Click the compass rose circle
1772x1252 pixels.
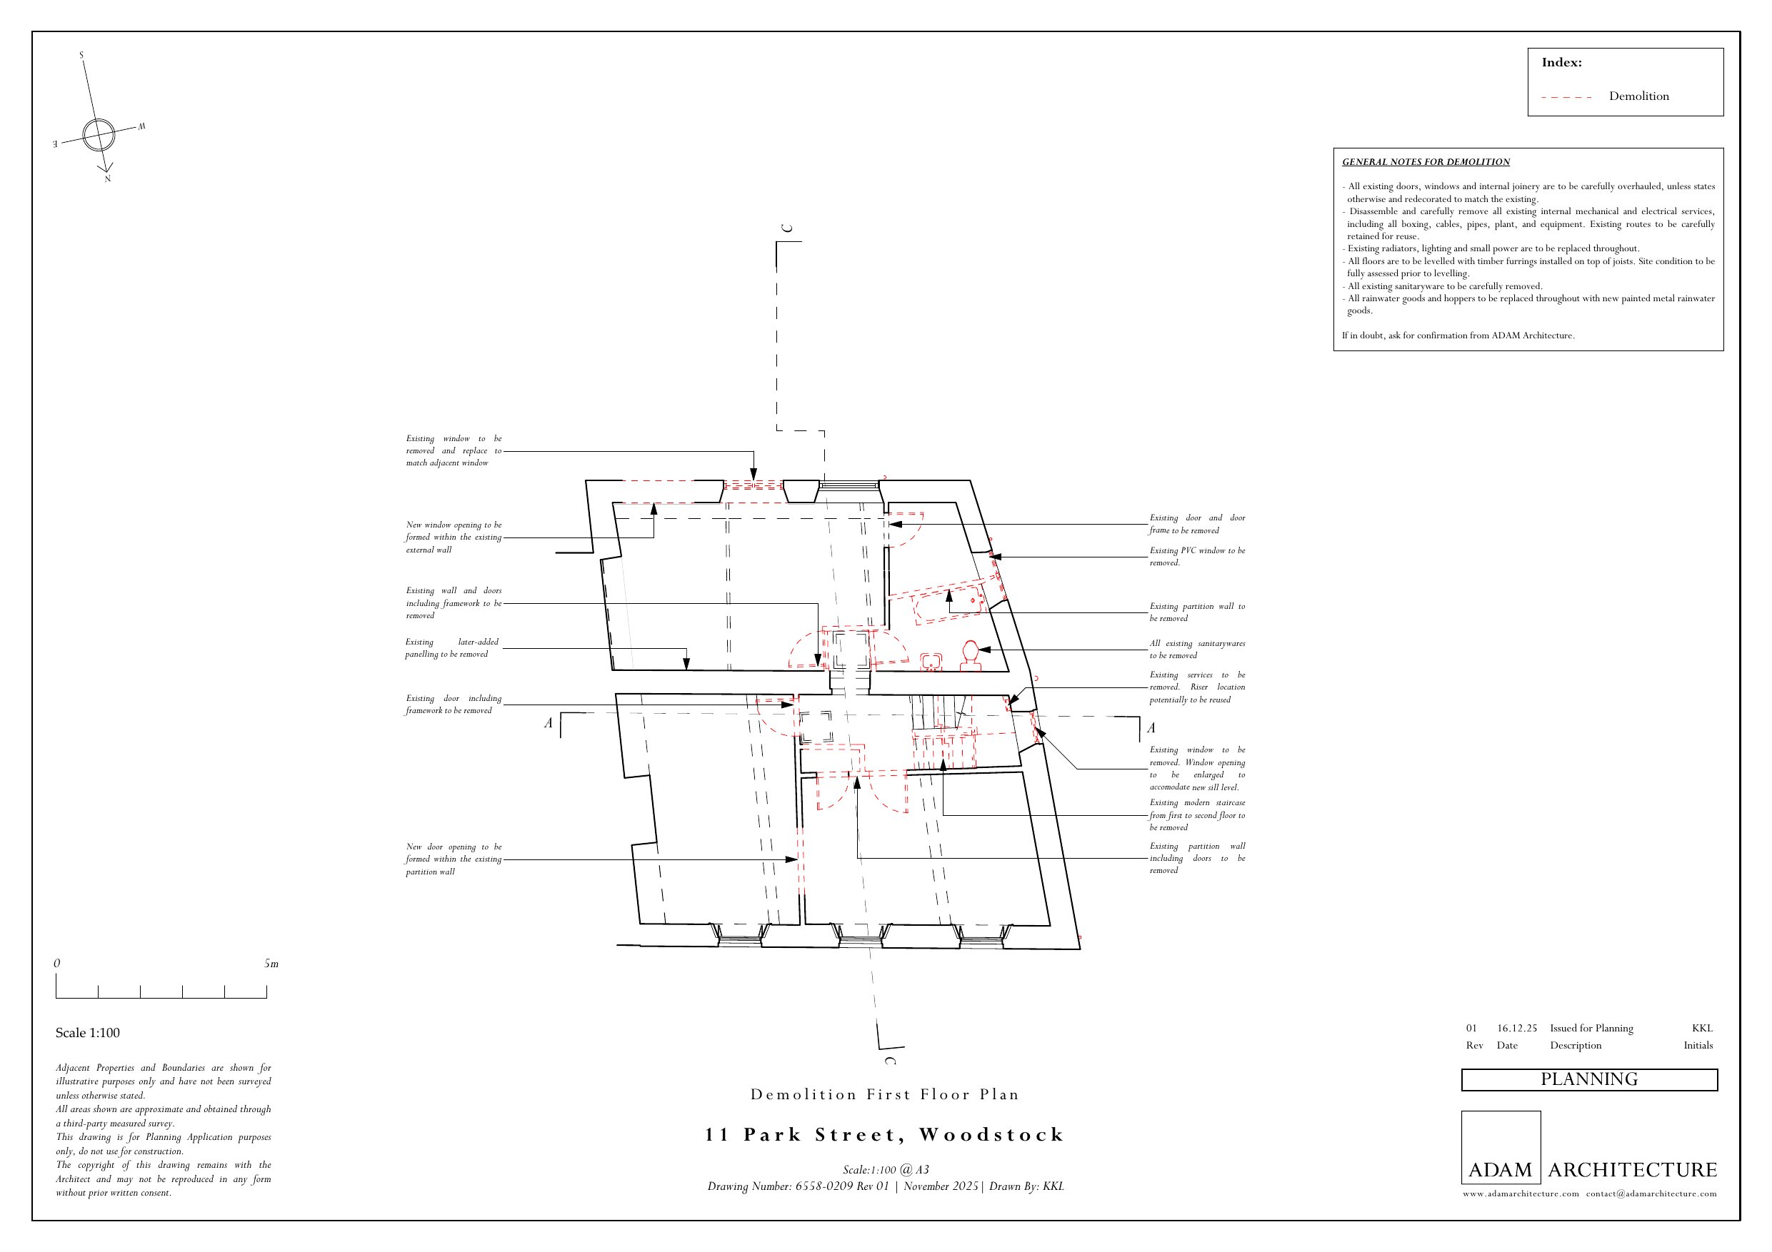pyautogui.click(x=98, y=135)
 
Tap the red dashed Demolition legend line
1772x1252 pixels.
pyautogui.click(x=1567, y=97)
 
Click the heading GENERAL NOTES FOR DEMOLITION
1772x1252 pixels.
pyautogui.click(x=1426, y=162)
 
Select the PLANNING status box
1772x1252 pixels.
pyautogui.click(x=1588, y=1079)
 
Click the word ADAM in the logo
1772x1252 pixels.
pyautogui.click(x=1500, y=1169)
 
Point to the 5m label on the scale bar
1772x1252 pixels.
pyautogui.click(x=271, y=964)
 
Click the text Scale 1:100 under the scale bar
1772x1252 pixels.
pyautogui.click(x=87, y=1033)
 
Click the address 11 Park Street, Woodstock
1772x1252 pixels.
pyautogui.click(x=884, y=1135)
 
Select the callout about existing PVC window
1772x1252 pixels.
pyautogui.click(x=1196, y=556)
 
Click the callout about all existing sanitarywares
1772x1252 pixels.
pyautogui.click(x=1196, y=649)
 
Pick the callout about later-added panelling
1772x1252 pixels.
pyautogui.click(x=452, y=648)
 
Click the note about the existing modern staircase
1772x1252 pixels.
pyautogui.click(x=1196, y=814)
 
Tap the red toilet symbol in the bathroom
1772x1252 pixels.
pyautogui.click(x=970, y=656)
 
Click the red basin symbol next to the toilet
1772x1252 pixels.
pyautogui.click(x=931, y=661)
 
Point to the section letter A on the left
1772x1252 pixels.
pyautogui.click(x=548, y=723)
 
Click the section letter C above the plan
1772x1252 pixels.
pyautogui.click(x=786, y=228)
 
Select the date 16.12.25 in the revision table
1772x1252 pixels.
pyautogui.click(x=1516, y=1029)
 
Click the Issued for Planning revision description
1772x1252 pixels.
pyautogui.click(x=1591, y=1029)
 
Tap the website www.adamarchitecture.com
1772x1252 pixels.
pyautogui.click(x=1521, y=1193)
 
